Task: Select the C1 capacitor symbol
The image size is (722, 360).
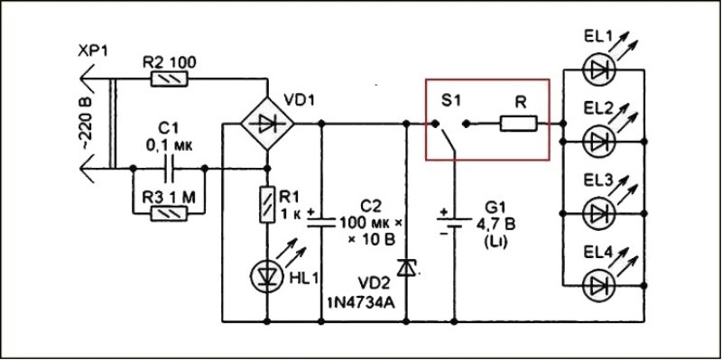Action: tap(169, 169)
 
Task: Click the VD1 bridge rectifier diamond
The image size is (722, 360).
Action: tap(267, 124)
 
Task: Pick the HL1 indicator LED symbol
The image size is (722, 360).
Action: tap(267, 273)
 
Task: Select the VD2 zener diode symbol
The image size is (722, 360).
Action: tap(406, 267)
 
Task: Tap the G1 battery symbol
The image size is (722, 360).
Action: tap(454, 221)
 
